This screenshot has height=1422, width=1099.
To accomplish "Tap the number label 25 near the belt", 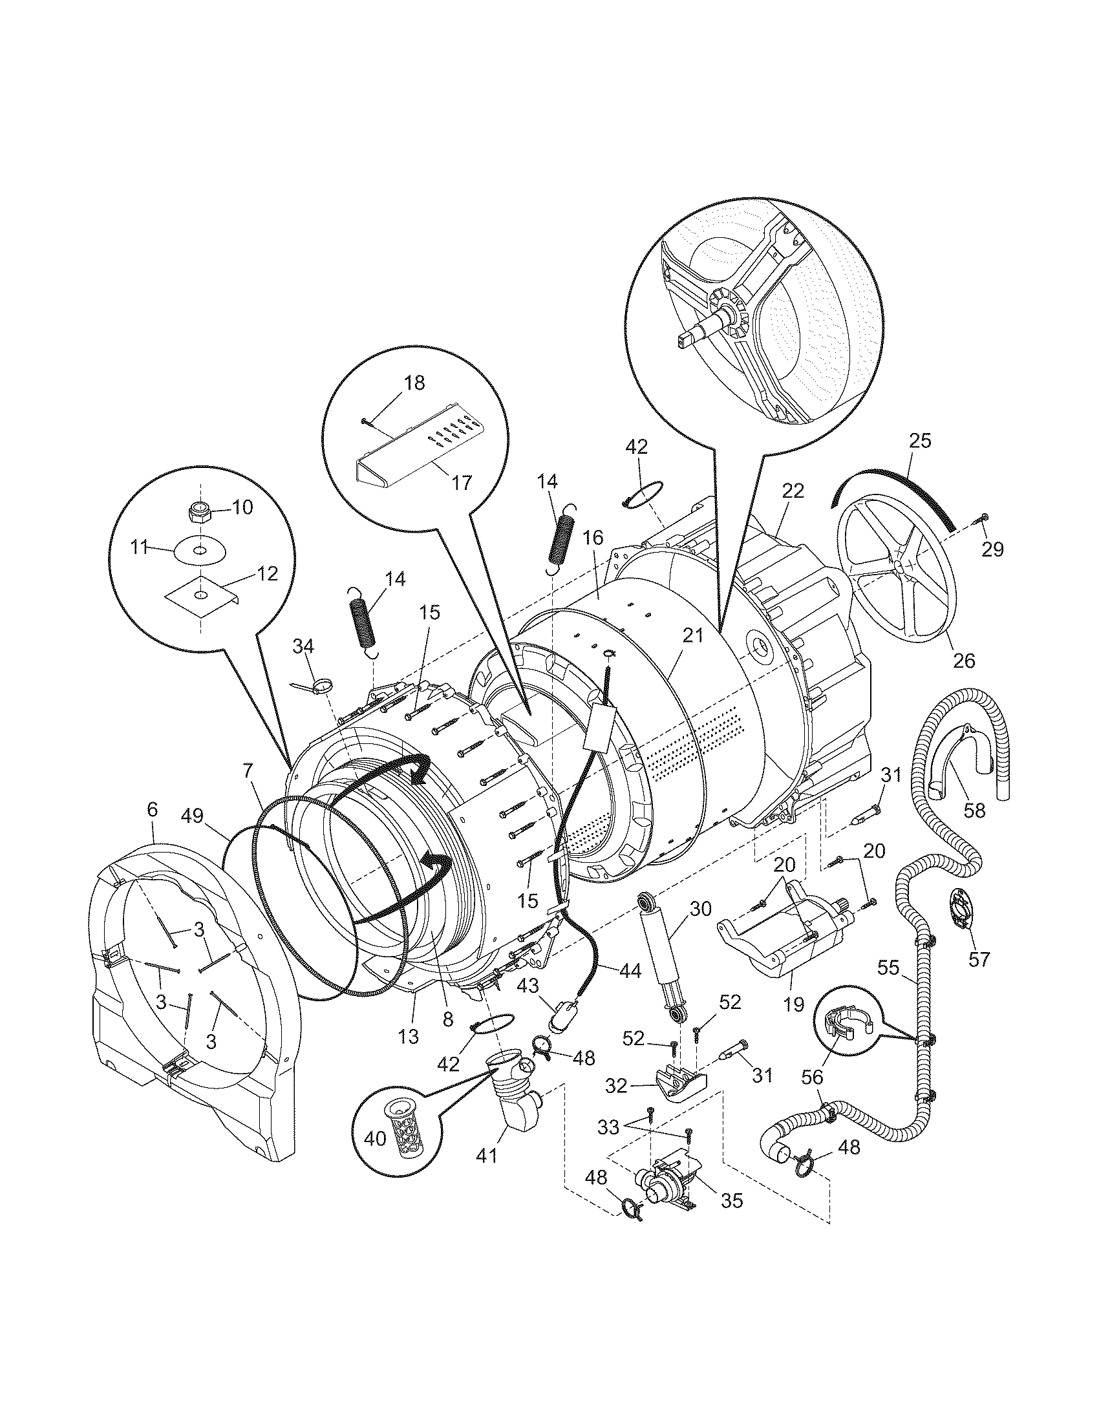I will click(x=920, y=441).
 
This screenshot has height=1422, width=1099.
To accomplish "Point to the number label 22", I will click(x=793, y=491).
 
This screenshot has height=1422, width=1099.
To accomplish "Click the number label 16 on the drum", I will click(x=593, y=537).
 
